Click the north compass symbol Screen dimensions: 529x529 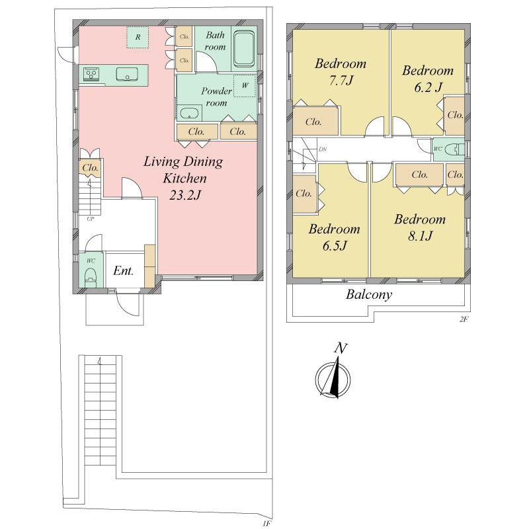pyautogui.click(x=335, y=376)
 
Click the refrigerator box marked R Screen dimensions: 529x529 pyautogui.click(x=138, y=37)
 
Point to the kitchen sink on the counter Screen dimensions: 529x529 pyautogui.click(x=126, y=75)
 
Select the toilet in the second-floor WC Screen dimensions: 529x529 pyautogui.click(x=454, y=150)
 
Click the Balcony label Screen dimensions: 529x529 pyautogui.click(x=369, y=295)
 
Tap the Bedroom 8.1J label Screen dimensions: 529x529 pyautogui.click(x=420, y=227)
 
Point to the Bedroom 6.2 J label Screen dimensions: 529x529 pyautogui.click(x=427, y=79)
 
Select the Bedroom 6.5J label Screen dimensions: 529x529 pyautogui.click(x=334, y=237)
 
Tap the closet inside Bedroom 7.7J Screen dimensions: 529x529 pyautogui.click(x=313, y=122)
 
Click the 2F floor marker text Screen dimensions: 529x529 pyautogui.click(x=464, y=319)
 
